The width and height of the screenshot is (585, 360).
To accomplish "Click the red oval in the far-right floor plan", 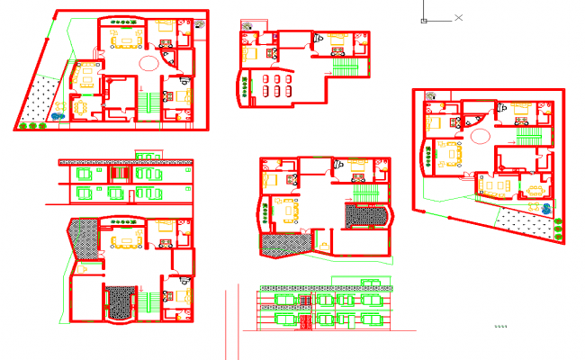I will [x=481, y=137].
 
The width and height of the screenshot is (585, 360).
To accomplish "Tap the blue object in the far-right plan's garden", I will [x=547, y=208].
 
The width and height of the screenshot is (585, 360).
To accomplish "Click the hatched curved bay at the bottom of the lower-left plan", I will [x=121, y=301].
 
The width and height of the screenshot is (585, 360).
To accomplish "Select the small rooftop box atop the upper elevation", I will [x=147, y=154].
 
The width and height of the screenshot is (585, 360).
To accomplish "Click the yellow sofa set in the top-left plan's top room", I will [x=124, y=38].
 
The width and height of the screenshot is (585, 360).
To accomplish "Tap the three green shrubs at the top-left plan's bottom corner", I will [x=33, y=125].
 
